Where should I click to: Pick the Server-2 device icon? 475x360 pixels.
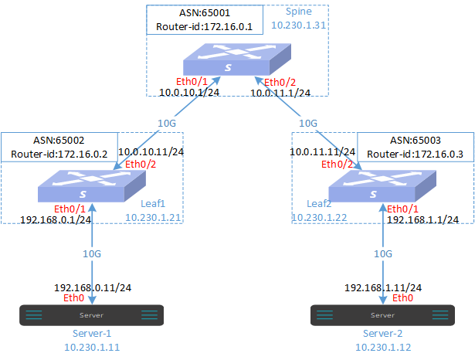point(377,314)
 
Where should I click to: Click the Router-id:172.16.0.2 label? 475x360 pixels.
point(58,155)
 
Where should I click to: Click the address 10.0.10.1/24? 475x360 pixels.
point(190,93)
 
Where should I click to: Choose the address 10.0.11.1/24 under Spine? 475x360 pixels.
point(280,93)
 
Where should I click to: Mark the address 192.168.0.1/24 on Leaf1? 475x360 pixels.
point(56,219)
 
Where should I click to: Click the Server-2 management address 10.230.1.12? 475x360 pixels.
point(378,348)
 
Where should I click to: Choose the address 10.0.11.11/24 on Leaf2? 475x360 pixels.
point(322,152)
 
